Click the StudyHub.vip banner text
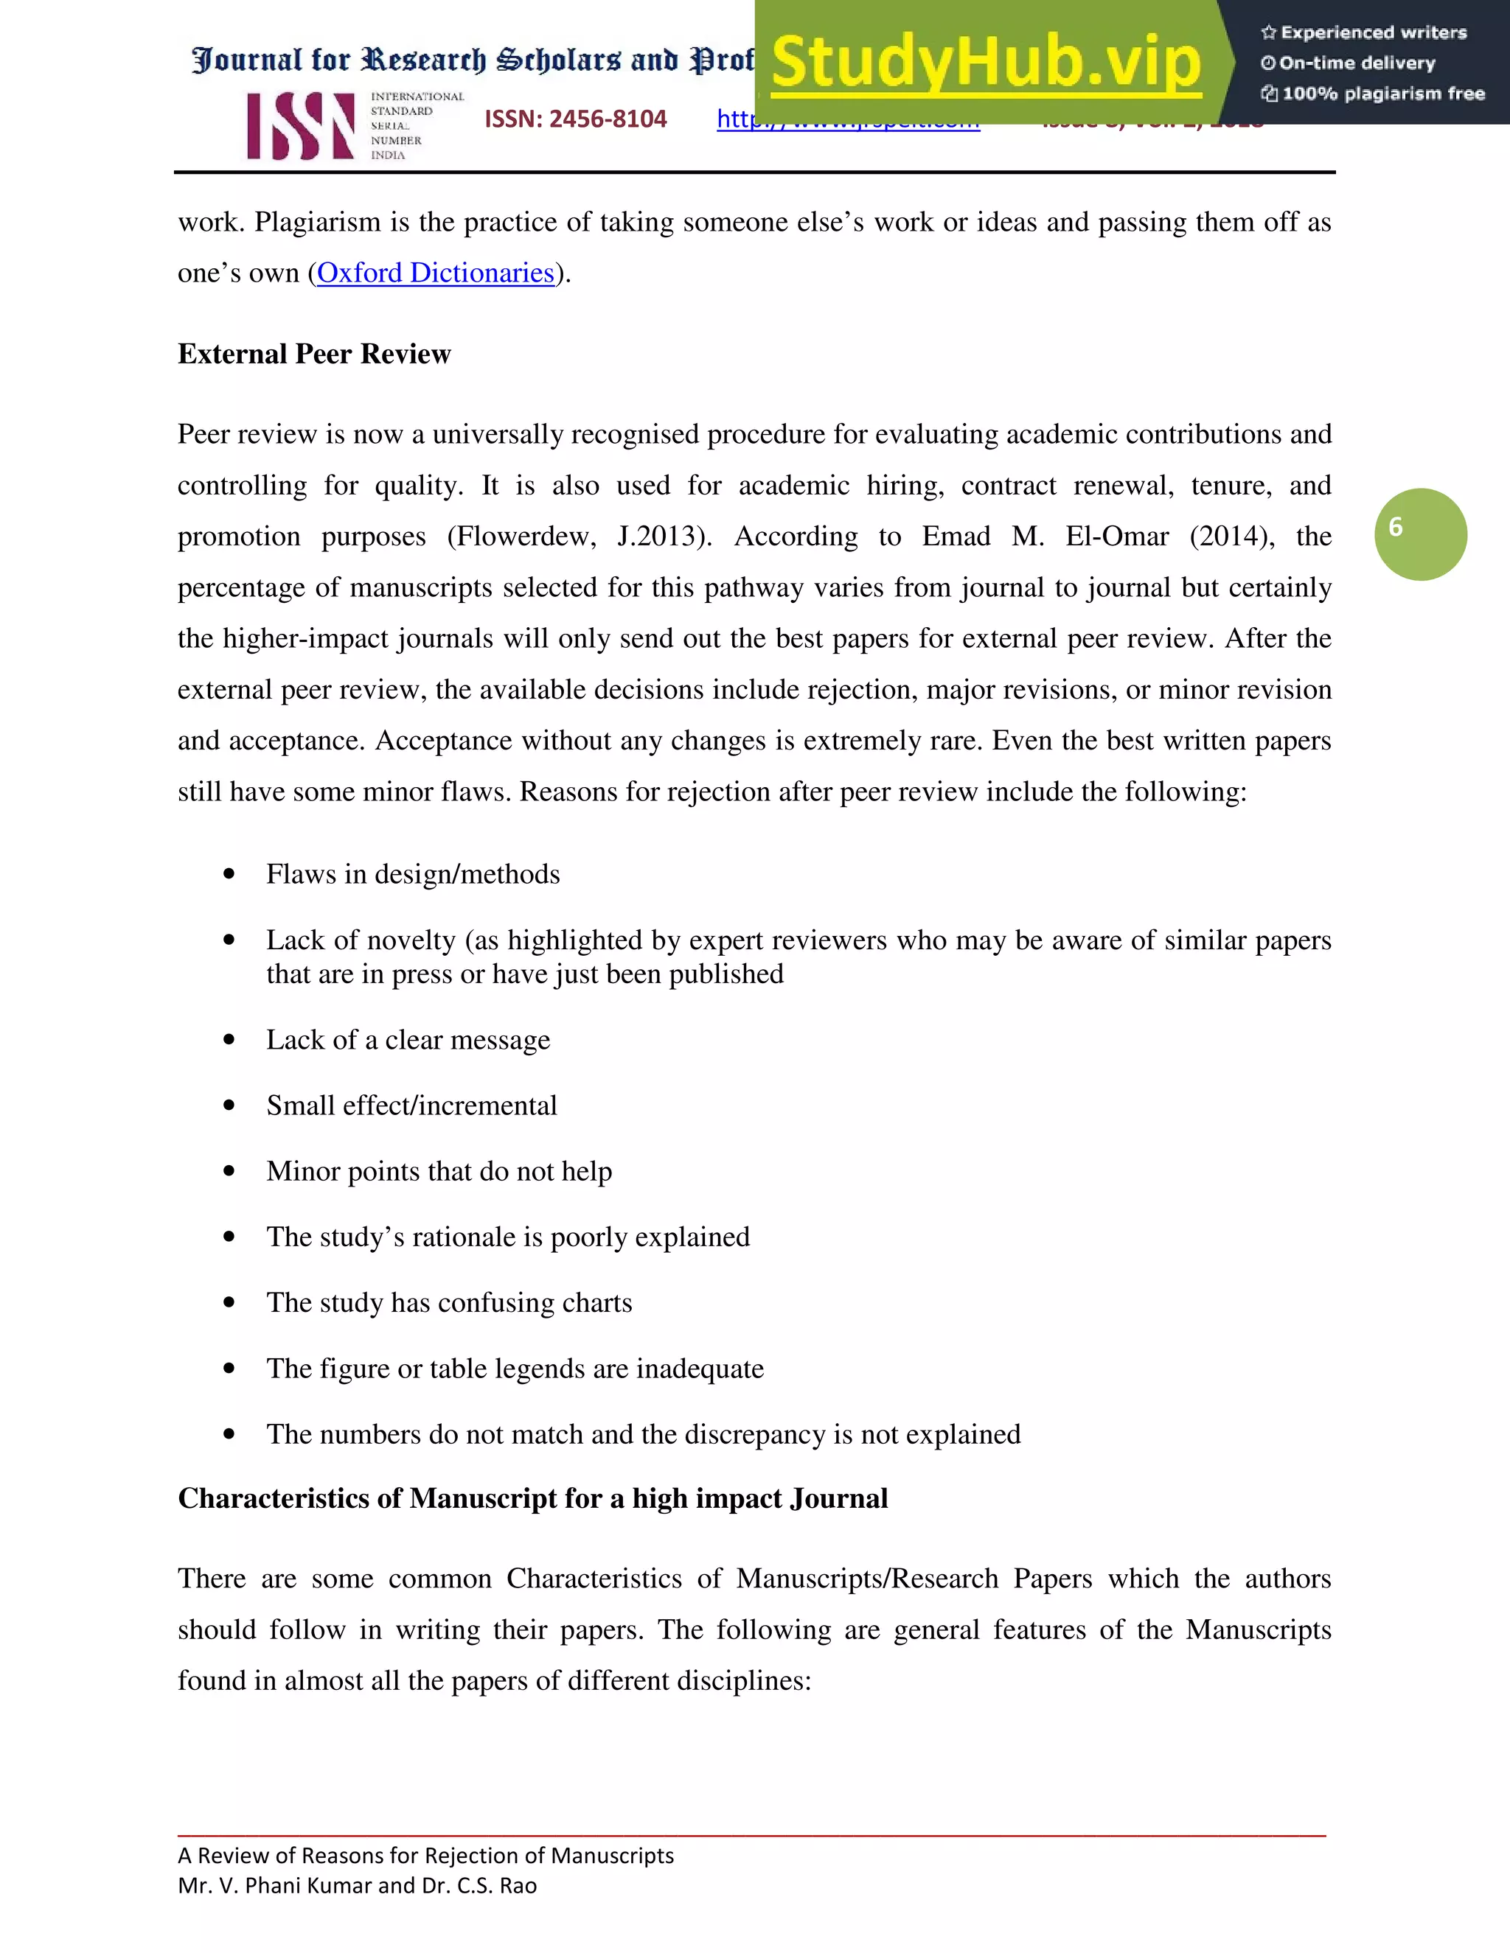(x=984, y=63)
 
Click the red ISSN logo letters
(x=301, y=126)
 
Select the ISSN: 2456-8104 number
(x=575, y=119)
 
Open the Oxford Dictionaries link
(x=436, y=273)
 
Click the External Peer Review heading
(x=314, y=354)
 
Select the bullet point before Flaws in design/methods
(x=230, y=875)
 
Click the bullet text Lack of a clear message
(x=408, y=1040)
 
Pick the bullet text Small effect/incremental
(x=411, y=1106)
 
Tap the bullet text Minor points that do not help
(x=439, y=1172)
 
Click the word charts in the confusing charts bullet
(x=596, y=1303)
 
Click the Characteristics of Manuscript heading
(x=532, y=1499)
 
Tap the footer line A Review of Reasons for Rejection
(x=426, y=1856)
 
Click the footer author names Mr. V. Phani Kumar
(x=357, y=1885)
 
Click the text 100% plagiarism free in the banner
(x=1382, y=94)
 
